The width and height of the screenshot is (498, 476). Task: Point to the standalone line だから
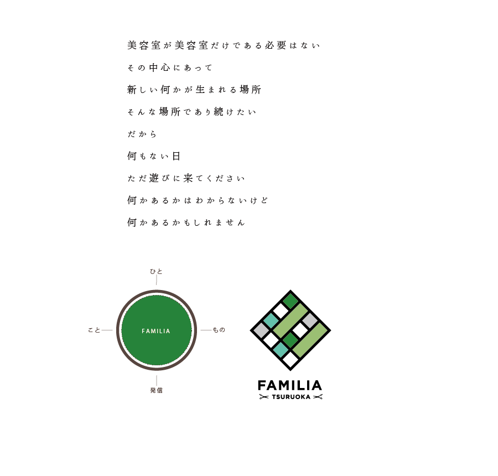point(142,134)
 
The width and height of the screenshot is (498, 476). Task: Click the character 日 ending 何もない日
point(176,156)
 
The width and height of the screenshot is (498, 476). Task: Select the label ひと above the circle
point(157,271)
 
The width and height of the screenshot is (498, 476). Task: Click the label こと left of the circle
point(94,330)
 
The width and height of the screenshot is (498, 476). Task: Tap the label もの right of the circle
point(219,330)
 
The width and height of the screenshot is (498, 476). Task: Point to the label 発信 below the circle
point(156,390)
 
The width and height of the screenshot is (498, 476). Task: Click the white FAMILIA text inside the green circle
point(156,331)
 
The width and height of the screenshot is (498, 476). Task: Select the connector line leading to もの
point(205,330)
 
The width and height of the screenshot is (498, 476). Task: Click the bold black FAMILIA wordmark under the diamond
point(290,385)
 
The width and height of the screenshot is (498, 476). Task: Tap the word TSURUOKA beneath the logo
point(290,397)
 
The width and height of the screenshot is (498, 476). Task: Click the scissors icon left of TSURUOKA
point(263,397)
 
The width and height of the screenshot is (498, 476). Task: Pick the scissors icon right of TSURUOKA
point(318,397)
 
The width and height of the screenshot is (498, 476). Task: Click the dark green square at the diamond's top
point(290,301)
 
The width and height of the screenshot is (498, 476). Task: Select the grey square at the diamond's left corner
point(261,330)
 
